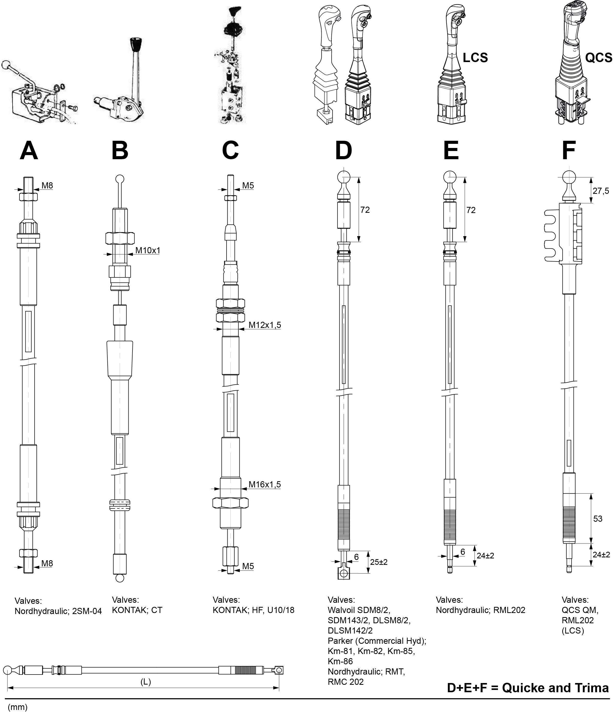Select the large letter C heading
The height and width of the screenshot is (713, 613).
pos(230,151)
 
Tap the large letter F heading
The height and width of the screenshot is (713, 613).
pos(569,151)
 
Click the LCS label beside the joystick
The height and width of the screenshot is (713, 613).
pos(475,57)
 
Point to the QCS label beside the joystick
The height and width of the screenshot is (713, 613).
pos(599,57)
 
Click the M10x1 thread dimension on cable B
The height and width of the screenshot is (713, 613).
pos(148,250)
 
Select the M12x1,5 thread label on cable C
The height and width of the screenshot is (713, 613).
pos(264,325)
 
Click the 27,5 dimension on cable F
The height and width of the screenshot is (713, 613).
pos(601,191)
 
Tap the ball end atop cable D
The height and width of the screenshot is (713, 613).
pos(343,177)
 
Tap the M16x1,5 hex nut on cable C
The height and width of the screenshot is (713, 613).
pos(230,503)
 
